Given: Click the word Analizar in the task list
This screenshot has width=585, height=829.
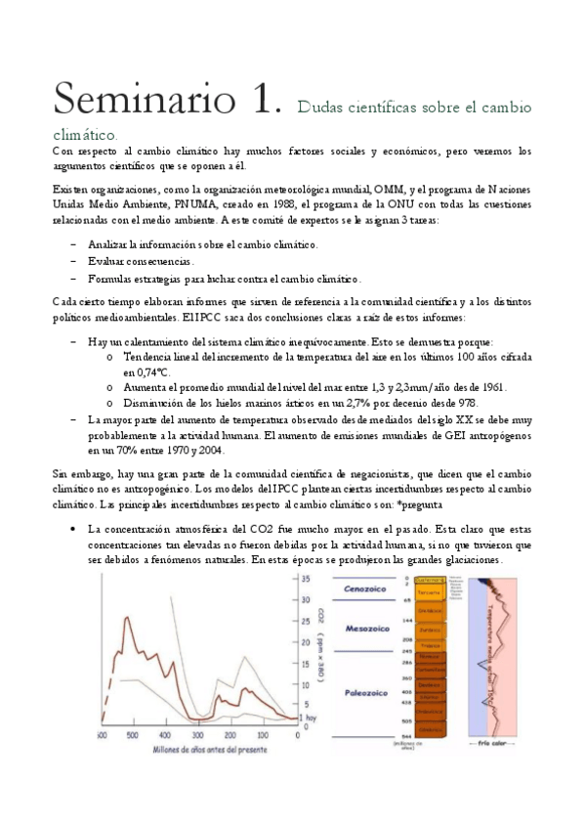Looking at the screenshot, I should point(112,244).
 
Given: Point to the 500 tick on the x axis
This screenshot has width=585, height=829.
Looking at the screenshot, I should point(132,734).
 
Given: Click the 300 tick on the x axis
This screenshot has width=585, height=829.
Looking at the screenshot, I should point(197,734).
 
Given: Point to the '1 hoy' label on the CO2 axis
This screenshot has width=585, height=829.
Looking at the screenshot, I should point(309,719).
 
